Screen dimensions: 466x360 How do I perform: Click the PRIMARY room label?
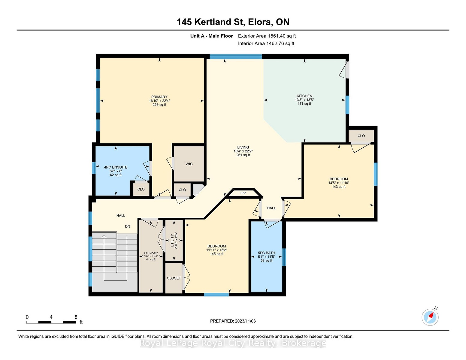(159, 97)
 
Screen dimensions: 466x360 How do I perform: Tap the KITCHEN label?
(304, 96)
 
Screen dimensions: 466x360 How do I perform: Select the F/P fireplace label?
(243, 193)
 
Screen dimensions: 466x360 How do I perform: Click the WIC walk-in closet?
(189, 164)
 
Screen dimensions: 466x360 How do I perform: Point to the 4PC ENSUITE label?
(116, 167)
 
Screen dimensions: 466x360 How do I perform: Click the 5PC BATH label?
(267, 253)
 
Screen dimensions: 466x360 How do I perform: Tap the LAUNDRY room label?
(151, 253)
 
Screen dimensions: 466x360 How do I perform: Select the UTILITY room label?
(172, 241)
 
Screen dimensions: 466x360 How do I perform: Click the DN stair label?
(128, 226)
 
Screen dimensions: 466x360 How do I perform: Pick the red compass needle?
(431, 315)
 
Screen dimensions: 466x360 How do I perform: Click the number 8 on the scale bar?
(76, 317)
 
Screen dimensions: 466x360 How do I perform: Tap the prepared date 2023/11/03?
(245, 321)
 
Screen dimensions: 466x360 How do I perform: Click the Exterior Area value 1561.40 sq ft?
(281, 36)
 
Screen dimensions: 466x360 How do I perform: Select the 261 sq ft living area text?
(243, 155)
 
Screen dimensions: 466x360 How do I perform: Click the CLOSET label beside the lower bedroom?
(174, 278)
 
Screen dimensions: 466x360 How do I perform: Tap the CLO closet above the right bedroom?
(361, 136)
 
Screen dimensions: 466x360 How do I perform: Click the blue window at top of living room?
(236, 56)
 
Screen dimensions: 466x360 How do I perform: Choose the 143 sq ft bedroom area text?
(339, 187)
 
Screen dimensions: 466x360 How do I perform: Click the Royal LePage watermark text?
(233, 343)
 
